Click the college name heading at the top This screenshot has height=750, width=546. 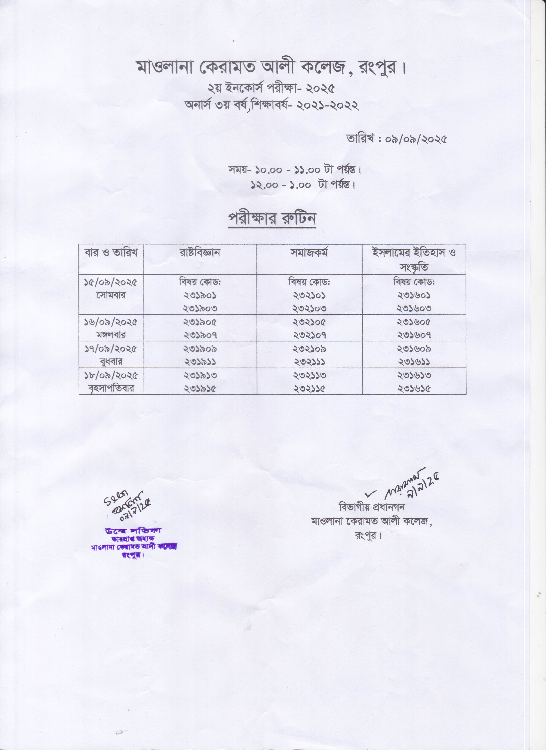(x=272, y=68)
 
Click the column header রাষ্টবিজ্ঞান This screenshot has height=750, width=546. (x=200, y=253)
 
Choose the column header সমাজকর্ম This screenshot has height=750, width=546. (x=309, y=253)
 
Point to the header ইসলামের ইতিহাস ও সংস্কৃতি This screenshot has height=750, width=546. (x=414, y=260)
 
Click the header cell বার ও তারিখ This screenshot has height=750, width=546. (x=111, y=253)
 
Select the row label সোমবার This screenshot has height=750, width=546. (x=111, y=295)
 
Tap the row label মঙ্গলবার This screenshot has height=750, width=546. (x=111, y=335)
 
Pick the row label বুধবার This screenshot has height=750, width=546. (x=111, y=362)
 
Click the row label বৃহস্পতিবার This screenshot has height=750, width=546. (x=111, y=388)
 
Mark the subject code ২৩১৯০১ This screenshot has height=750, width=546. (x=200, y=295)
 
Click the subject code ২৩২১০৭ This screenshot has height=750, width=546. (x=309, y=335)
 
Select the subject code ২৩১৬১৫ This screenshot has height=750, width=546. (x=414, y=388)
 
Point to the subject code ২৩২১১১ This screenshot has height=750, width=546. (x=309, y=362)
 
